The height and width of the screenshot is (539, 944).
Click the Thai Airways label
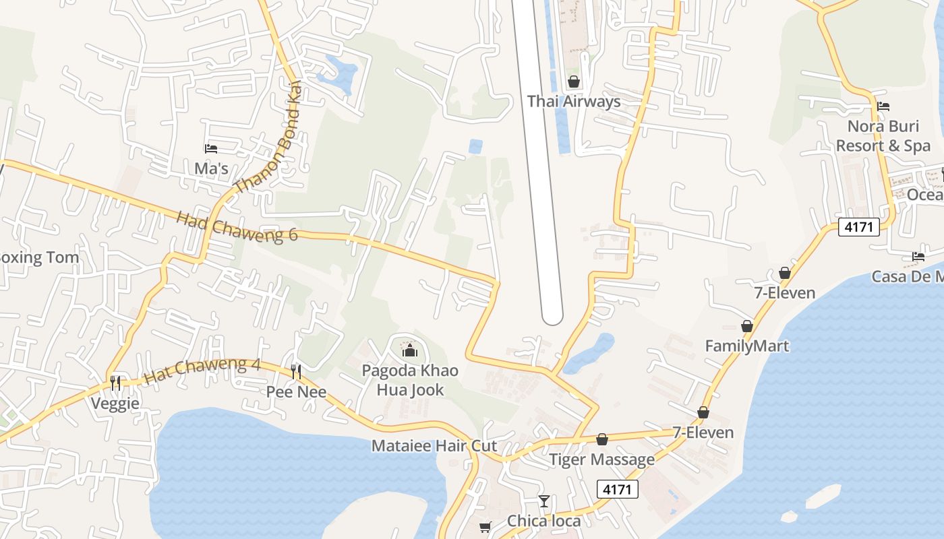(574, 102)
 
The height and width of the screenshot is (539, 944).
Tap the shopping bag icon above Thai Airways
(574, 82)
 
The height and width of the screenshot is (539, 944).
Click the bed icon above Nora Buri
(883, 106)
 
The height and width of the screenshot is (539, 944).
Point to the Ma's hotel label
(211, 168)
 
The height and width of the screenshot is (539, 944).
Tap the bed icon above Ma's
(211, 149)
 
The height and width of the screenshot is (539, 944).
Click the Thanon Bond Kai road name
(268, 146)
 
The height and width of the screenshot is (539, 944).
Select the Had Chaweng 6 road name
(237, 226)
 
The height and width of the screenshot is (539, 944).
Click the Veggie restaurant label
(116, 404)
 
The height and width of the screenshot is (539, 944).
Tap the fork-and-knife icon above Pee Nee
(296, 371)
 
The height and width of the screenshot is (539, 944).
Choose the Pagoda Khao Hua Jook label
(410, 380)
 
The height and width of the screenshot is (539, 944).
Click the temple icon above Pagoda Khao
(410, 350)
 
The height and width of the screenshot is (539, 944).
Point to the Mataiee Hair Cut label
(434, 446)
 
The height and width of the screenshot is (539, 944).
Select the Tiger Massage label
(601, 459)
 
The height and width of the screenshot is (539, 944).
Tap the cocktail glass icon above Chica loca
(544, 501)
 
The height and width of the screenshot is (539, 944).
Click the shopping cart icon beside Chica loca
(485, 526)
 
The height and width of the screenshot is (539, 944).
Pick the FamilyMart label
(747, 346)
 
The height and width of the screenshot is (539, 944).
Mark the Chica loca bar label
(543, 521)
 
